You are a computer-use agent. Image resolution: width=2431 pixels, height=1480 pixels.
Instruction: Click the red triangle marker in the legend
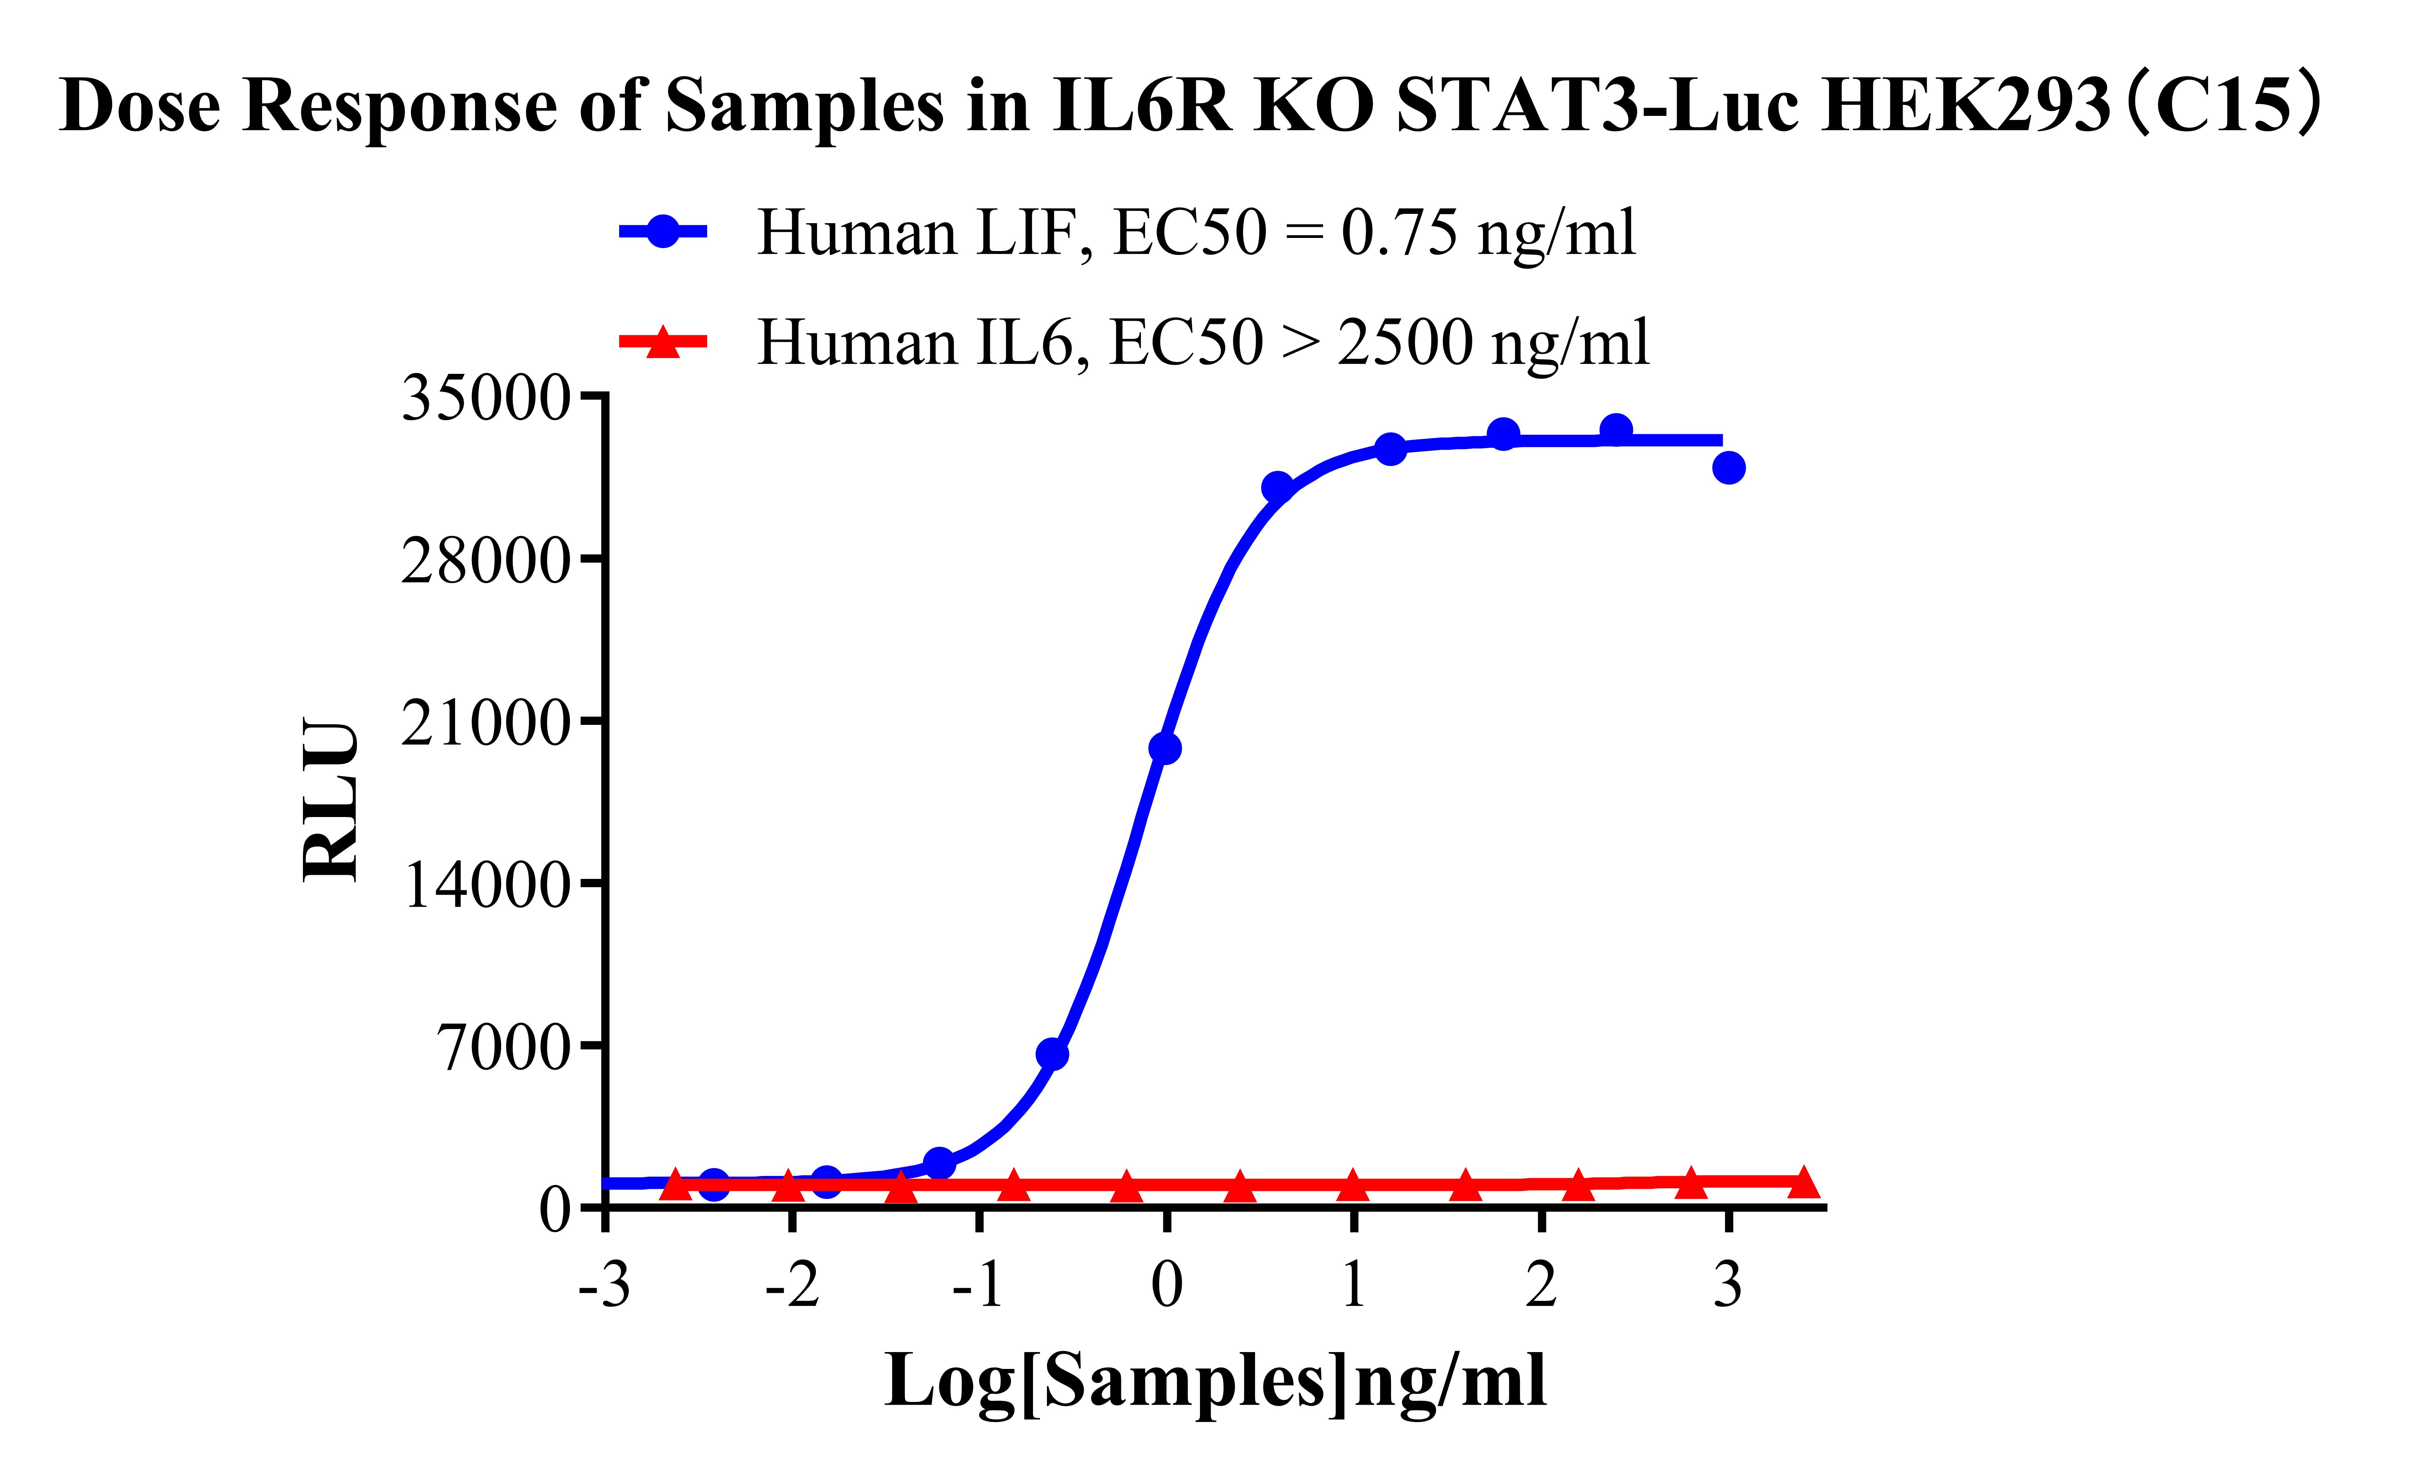pyautogui.click(x=663, y=342)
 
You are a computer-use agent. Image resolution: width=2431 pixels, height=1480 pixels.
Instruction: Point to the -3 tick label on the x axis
pyautogui.click(x=605, y=1285)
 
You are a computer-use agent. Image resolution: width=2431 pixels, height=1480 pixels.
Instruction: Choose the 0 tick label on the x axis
pyautogui.click(x=1166, y=1285)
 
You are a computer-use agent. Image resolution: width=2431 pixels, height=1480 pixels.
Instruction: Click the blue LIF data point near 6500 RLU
pyautogui.click(x=1053, y=1055)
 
